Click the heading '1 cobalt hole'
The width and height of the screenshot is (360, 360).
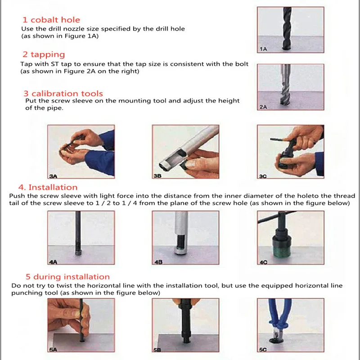click(51, 20)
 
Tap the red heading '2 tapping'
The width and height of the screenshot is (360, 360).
click(44, 54)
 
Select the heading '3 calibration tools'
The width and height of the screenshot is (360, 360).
click(63, 94)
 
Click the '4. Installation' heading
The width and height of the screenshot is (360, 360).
click(48, 187)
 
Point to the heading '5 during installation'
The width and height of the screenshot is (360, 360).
click(67, 277)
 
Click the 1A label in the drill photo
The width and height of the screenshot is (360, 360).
click(263, 49)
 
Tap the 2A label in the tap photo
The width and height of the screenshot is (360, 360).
click(263, 107)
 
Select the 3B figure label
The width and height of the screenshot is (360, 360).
click(157, 176)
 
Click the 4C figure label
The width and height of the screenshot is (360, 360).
click(263, 262)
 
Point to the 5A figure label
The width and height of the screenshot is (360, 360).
click(53, 350)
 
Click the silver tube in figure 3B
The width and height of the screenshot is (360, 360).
click(188, 147)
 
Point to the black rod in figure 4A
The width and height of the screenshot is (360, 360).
click(78, 232)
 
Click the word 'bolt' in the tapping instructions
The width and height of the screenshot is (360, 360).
click(242, 64)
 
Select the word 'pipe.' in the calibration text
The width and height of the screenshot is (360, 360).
click(55, 108)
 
